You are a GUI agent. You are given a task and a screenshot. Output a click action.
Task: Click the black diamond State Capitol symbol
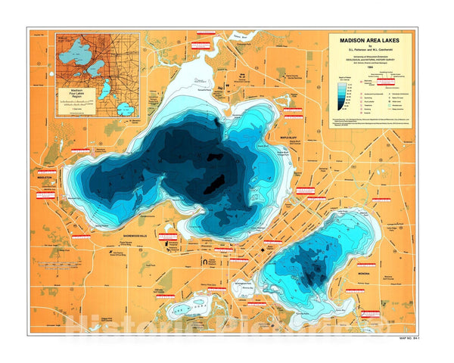[x=263, y=249]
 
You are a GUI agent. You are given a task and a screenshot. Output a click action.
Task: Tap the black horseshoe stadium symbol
[x=204, y=261]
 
